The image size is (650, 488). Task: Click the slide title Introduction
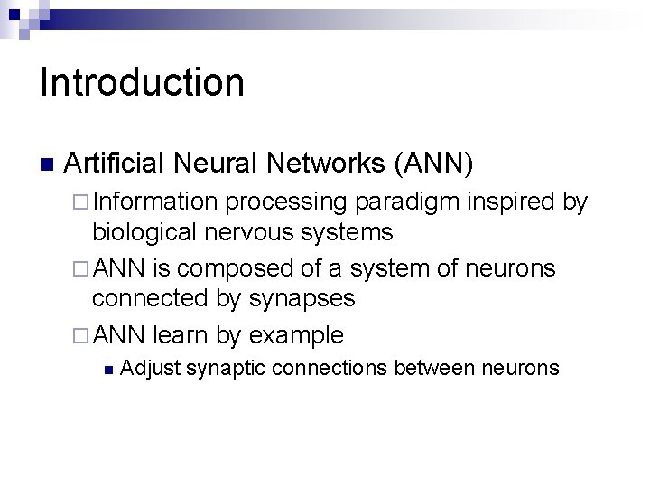pos(142,82)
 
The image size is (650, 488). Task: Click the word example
pos(296,335)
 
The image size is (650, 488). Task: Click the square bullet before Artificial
pos(47,165)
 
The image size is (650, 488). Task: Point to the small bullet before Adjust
pos(107,369)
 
